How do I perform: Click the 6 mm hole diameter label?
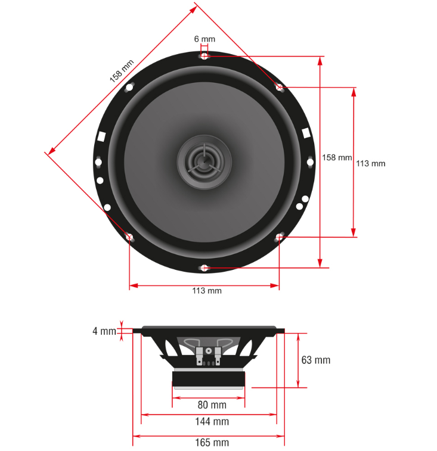204,39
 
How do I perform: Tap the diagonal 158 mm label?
122,71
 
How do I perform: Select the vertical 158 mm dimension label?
337,158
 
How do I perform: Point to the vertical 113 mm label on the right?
370,164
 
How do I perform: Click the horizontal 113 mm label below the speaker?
207,291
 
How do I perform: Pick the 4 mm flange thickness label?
104,331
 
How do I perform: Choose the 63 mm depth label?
315,360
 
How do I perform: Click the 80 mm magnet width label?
212,405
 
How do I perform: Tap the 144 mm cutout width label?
212,422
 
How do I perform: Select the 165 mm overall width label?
212,443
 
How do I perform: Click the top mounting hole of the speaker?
204,56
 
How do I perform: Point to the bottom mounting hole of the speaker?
204,268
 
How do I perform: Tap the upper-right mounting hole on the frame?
279,87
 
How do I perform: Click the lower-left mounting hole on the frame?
129,237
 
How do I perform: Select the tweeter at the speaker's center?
204,162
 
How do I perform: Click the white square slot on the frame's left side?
101,136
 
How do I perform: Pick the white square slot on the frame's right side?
306,133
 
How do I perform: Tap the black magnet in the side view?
209,379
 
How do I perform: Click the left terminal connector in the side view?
199,356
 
